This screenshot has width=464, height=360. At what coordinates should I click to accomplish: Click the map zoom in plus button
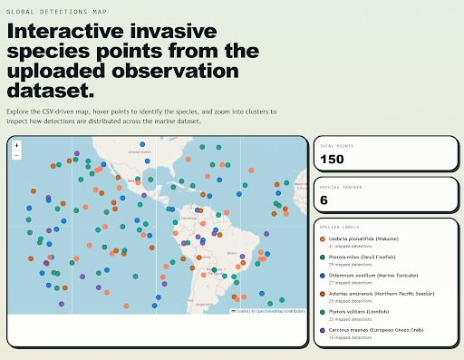[17, 145]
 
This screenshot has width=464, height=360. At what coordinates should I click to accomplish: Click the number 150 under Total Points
[333, 161]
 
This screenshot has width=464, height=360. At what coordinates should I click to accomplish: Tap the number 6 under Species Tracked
[324, 200]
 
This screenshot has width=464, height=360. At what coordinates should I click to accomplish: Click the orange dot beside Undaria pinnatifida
[323, 240]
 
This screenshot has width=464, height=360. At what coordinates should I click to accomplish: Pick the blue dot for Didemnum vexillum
[323, 273]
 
